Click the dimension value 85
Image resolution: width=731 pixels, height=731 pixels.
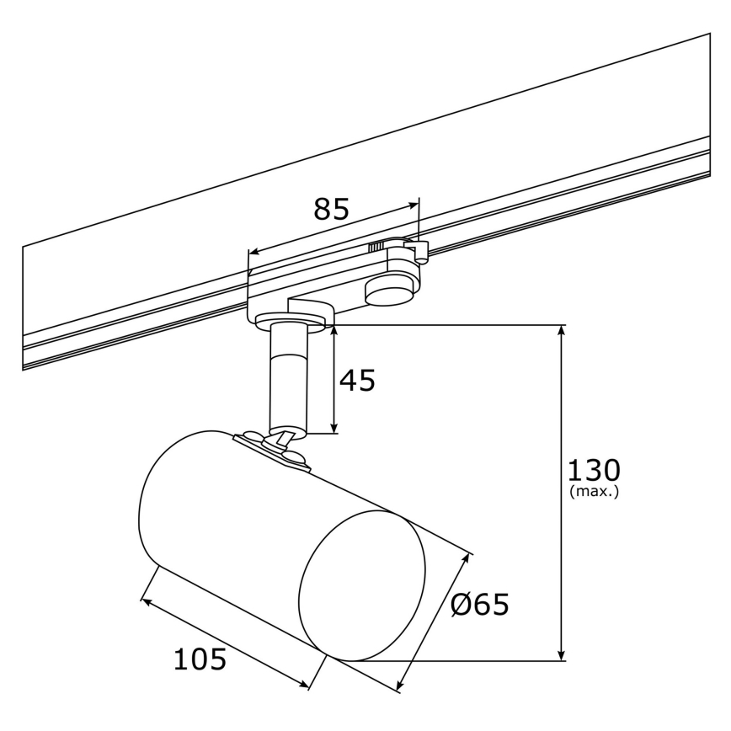coord(330,208)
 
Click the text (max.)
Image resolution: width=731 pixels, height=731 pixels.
coord(594,491)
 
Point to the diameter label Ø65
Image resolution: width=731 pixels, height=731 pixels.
coord(480,604)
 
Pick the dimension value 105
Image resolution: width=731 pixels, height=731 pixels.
coord(200,659)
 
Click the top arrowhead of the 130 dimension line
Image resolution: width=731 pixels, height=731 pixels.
coord(562,329)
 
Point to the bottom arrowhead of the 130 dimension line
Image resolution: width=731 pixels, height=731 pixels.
coord(562,656)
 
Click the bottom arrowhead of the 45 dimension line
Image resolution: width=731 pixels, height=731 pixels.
coord(335,429)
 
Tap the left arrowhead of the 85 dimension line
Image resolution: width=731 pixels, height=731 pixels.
coord(253,251)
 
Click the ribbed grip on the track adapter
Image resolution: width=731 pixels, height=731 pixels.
coord(376,246)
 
